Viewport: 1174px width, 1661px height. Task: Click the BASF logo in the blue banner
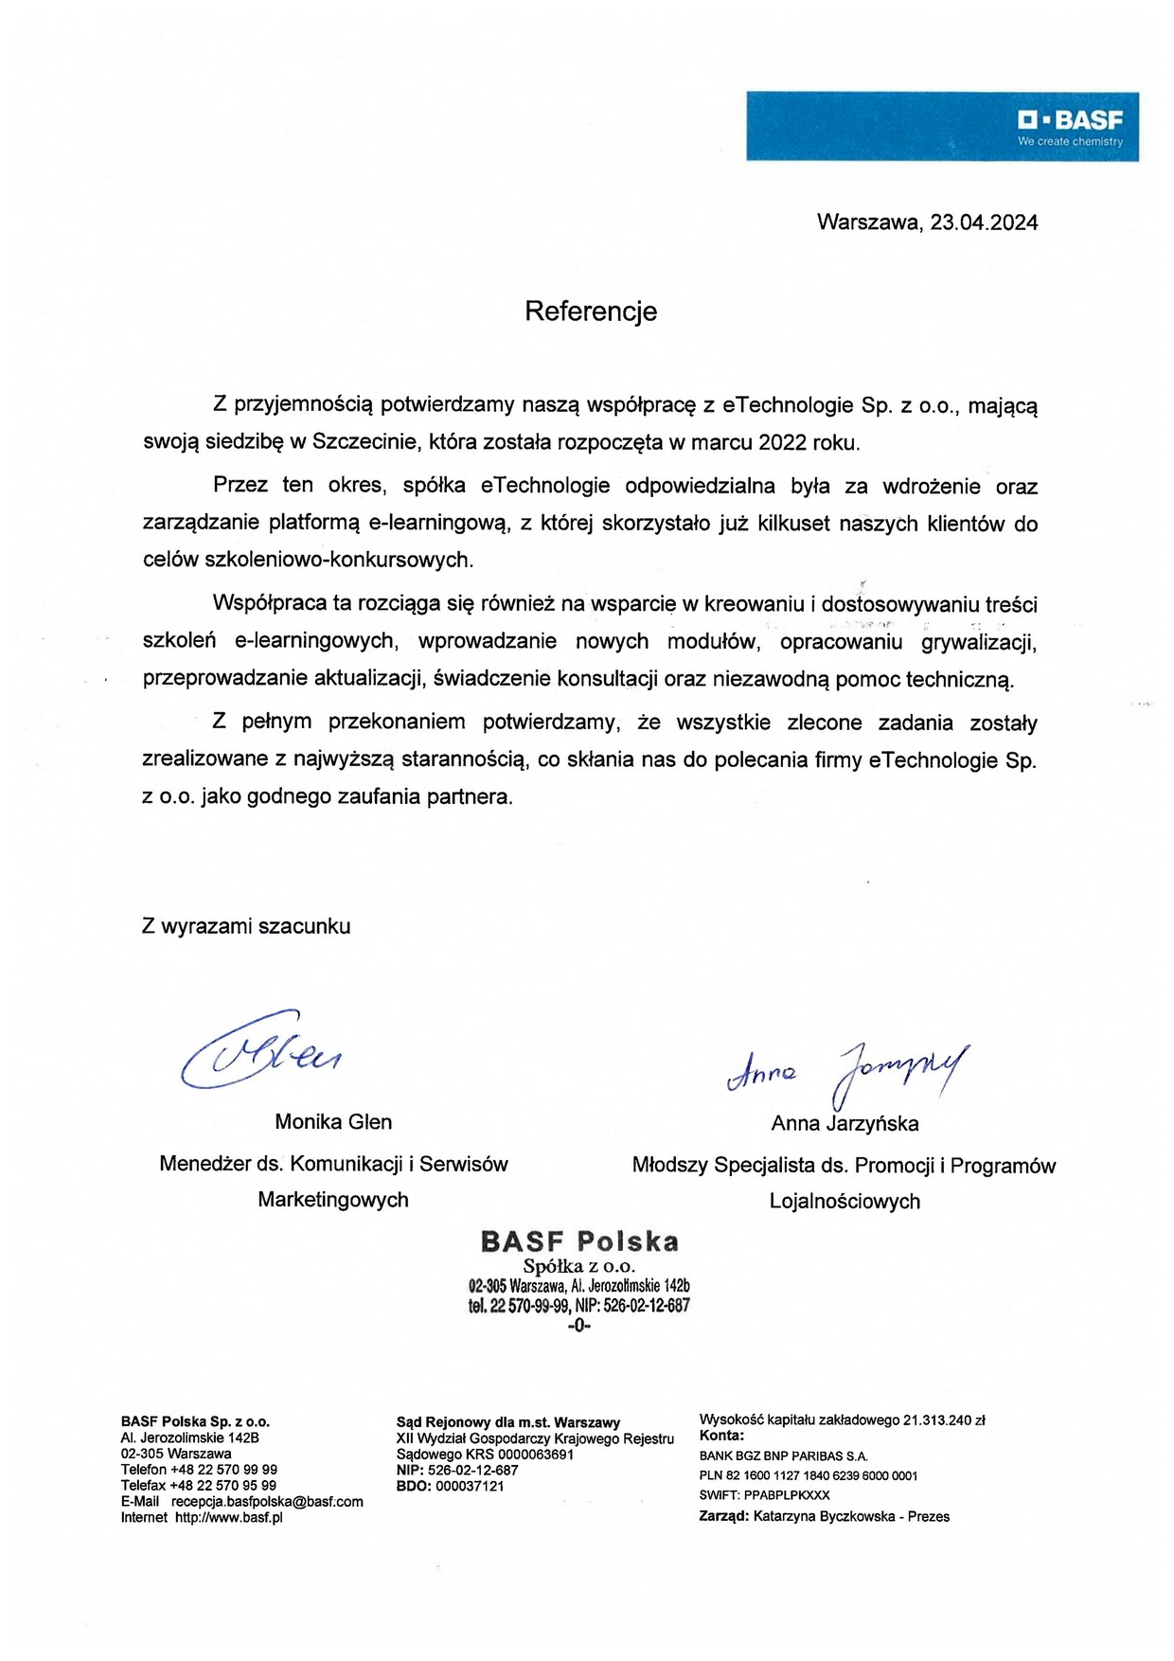click(1071, 120)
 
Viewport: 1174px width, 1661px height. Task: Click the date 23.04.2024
click(984, 223)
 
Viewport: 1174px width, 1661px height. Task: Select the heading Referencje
click(591, 312)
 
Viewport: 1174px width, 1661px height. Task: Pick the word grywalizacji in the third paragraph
click(978, 642)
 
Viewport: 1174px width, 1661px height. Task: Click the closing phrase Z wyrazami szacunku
click(246, 926)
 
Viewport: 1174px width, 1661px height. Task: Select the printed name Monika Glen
click(333, 1122)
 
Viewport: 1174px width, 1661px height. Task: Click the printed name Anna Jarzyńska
click(845, 1124)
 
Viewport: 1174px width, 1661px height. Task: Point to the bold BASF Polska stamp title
click(579, 1241)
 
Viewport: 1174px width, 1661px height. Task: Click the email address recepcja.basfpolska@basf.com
click(267, 1502)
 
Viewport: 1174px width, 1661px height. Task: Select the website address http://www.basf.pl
click(228, 1518)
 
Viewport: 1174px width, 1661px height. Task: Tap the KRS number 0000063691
click(536, 1455)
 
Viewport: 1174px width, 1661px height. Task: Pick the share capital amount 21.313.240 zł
click(944, 1420)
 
